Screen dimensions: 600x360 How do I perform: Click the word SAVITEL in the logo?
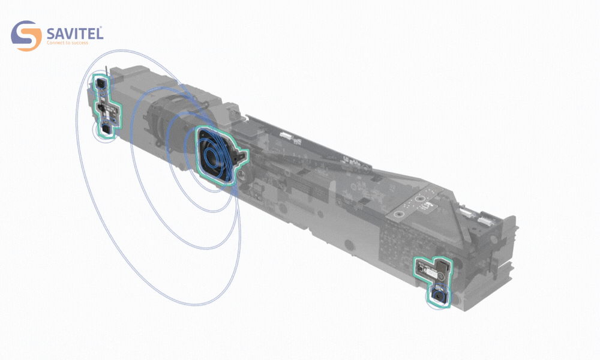coord(75,33)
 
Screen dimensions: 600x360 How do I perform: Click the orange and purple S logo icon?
coord(26,35)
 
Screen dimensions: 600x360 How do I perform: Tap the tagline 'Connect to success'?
coord(67,43)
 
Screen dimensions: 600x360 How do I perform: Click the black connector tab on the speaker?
coord(239,157)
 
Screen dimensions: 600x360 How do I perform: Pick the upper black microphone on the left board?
coord(101,82)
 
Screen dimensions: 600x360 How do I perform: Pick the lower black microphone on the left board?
coord(106,130)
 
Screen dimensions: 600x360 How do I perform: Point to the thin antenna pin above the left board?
coord(106,72)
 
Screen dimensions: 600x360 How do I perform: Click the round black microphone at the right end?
coord(438,295)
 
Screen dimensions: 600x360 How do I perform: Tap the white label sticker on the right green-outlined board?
coord(430,273)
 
